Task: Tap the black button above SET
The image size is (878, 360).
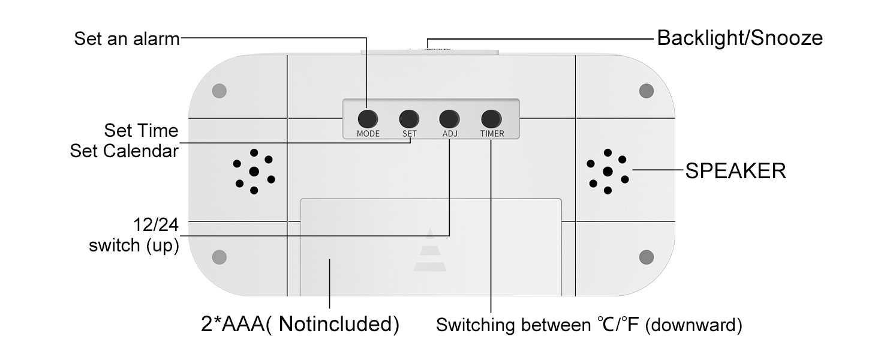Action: tap(409, 119)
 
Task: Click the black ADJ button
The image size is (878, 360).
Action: tap(449, 119)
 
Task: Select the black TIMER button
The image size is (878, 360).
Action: tap(491, 119)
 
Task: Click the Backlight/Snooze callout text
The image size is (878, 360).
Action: tap(739, 38)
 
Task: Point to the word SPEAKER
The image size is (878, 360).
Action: tap(736, 171)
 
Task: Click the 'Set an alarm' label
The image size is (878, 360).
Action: tap(127, 39)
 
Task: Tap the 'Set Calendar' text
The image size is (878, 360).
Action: tap(124, 151)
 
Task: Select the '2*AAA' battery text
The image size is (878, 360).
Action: tap(233, 325)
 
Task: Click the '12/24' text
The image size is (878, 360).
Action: tap(156, 225)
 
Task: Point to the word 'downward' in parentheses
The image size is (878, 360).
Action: tap(694, 325)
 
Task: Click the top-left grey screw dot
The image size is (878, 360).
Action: tap(219, 91)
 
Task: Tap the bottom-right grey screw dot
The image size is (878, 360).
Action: tap(647, 257)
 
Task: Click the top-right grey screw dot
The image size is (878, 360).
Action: tap(647, 91)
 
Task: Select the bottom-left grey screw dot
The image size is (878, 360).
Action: tap(219, 257)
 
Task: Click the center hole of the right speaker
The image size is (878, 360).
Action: tap(608, 172)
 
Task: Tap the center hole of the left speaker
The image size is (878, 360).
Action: tap(254, 172)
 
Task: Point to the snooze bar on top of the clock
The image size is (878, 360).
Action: tap(429, 52)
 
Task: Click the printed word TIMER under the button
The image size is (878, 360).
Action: tap(492, 134)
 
